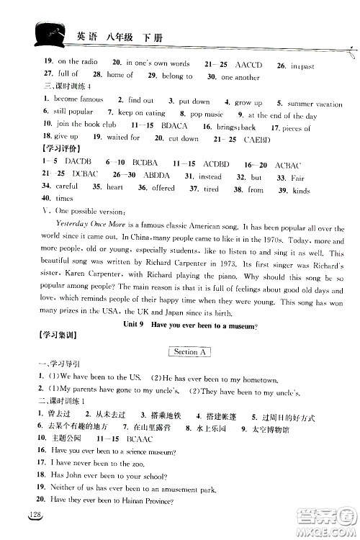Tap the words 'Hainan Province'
point(145,502)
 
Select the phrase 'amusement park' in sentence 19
point(192,489)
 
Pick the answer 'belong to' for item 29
point(178,76)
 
